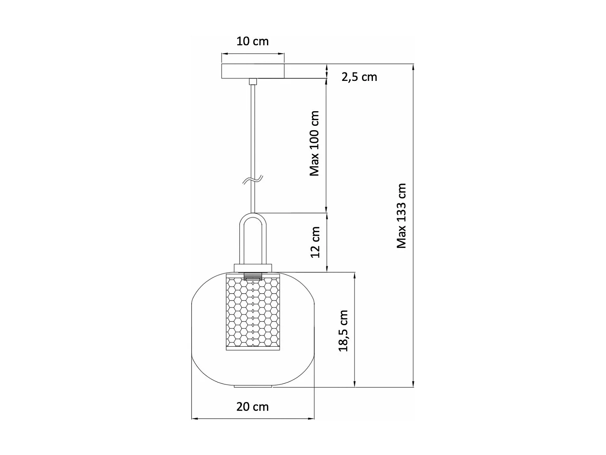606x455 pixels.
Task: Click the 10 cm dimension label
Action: (x=253, y=41)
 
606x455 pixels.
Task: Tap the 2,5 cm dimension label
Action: (x=359, y=77)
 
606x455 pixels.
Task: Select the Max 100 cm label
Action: (x=315, y=144)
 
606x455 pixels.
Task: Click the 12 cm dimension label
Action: (x=316, y=242)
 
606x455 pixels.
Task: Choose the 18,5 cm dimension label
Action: (x=343, y=331)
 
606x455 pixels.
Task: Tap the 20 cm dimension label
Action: (x=253, y=406)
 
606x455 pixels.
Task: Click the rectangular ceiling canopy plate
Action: (x=253, y=71)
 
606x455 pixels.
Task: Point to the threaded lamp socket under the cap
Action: (x=253, y=276)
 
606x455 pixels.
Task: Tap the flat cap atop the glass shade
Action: (x=253, y=268)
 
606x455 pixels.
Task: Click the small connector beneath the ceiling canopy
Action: (x=253, y=81)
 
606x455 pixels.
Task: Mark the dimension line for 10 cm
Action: (x=253, y=53)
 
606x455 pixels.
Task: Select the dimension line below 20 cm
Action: (x=253, y=418)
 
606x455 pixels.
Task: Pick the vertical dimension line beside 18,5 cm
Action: (x=355, y=330)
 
